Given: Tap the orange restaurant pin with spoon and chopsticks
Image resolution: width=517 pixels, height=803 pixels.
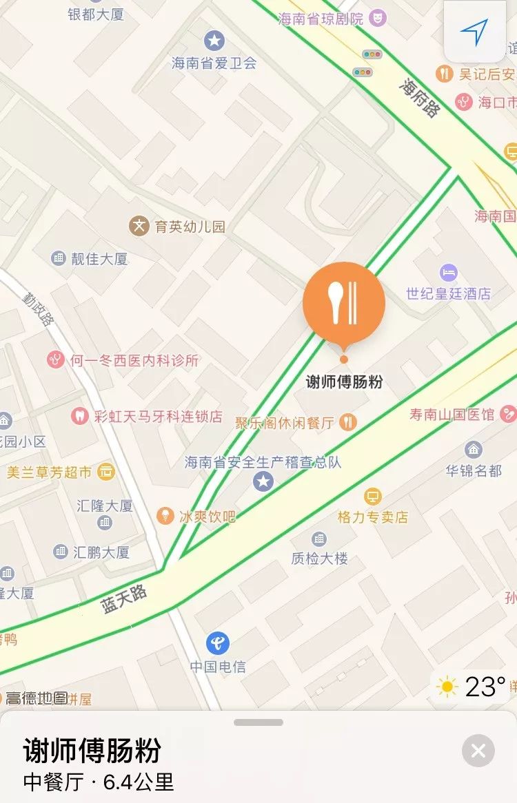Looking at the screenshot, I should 343,303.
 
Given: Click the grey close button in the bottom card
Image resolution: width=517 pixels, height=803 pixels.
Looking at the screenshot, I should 478,751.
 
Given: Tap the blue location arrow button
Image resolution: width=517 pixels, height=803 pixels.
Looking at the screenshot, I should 474,31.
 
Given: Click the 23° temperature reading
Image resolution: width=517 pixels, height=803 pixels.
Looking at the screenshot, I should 485,687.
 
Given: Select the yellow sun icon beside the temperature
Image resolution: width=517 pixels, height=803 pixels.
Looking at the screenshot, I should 447,687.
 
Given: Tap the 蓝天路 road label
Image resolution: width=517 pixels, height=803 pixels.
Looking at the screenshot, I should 125,599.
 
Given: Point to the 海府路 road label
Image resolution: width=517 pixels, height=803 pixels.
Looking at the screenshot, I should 419,96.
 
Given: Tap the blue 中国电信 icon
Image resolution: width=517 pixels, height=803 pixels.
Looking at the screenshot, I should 218,644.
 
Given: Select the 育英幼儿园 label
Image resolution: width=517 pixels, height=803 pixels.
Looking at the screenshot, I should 190,226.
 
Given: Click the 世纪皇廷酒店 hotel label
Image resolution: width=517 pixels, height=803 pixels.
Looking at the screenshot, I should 448,293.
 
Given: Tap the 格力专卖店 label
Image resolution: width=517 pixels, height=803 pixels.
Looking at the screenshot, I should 372,517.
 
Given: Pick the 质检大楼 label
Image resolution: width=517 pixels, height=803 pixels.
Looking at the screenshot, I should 320,558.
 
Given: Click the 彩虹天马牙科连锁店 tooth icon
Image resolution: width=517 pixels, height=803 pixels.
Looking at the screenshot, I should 80,416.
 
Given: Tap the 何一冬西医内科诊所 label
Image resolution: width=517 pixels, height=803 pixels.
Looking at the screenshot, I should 134,359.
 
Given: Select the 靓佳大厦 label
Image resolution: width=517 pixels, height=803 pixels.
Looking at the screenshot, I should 100,259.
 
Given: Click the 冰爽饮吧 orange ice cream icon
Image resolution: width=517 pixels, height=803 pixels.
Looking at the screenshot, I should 165,516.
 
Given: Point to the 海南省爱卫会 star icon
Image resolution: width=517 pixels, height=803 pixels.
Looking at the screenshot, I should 215,40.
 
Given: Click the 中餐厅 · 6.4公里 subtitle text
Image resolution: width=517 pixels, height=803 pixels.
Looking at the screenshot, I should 99,782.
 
